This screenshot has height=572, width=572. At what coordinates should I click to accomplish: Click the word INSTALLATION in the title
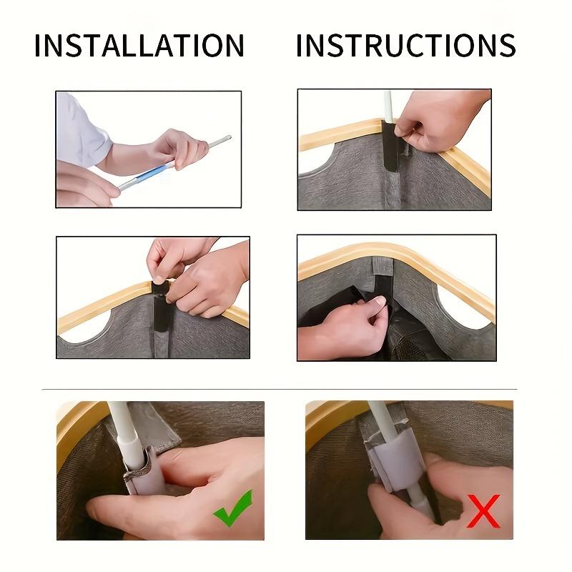tap(139, 45)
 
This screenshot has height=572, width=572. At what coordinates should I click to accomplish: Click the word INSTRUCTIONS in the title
tap(406, 45)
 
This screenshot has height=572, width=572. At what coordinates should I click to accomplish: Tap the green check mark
tap(233, 508)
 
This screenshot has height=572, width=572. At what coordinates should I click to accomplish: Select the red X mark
tap(484, 511)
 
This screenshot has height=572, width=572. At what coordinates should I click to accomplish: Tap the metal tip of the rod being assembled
tap(220, 142)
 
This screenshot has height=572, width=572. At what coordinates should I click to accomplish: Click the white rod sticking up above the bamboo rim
tap(388, 106)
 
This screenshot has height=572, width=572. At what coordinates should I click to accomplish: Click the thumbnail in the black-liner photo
tap(378, 300)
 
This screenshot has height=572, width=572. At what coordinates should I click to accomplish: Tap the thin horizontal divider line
tap(280, 389)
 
